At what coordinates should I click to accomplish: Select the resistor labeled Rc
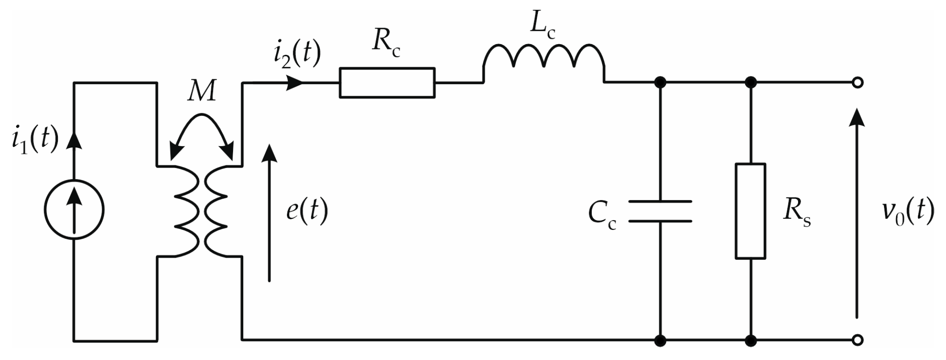(x=387, y=83)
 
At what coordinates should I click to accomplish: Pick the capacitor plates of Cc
(x=660, y=211)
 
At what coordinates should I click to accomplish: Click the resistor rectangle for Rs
(x=751, y=211)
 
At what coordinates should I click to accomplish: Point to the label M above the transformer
(x=202, y=92)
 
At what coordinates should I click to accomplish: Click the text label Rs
(x=796, y=215)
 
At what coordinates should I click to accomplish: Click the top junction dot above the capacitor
(x=660, y=83)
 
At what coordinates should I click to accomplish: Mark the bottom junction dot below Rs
(x=751, y=341)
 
